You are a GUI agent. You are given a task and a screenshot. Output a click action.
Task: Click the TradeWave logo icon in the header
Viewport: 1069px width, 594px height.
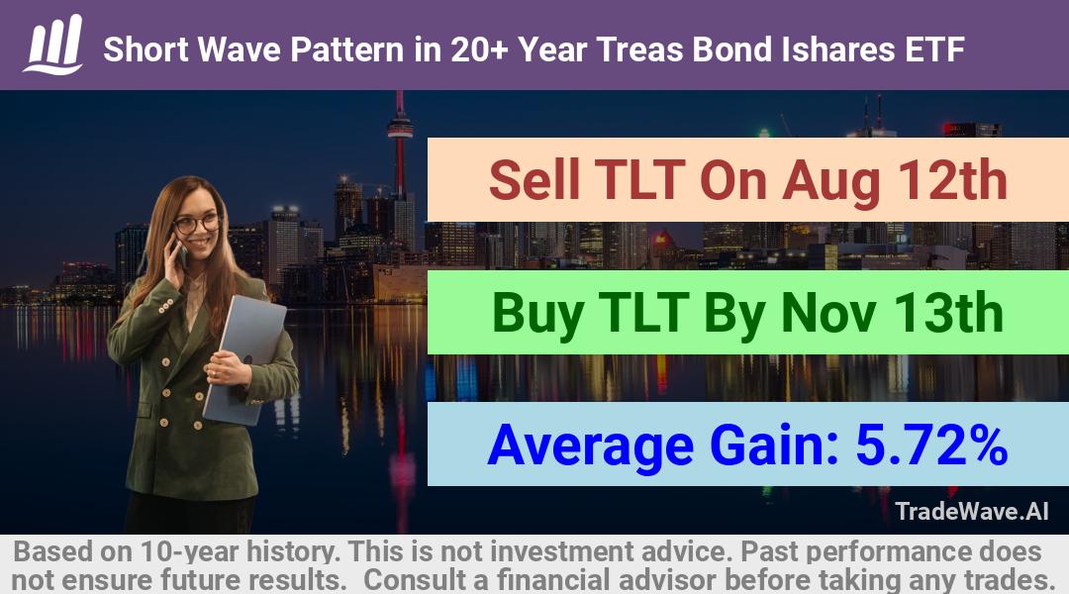(53, 45)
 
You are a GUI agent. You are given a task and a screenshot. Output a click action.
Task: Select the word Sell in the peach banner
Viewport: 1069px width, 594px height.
(534, 180)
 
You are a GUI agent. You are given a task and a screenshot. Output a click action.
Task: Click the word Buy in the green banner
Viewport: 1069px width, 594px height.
(537, 313)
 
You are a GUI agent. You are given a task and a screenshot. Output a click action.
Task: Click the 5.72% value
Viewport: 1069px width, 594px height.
(931, 445)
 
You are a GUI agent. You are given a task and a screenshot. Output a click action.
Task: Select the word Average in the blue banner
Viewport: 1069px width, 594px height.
(590, 445)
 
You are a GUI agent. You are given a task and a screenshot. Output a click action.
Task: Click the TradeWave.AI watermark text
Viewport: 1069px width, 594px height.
(972, 511)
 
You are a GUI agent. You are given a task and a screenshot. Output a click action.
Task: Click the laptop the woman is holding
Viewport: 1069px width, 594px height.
(243, 359)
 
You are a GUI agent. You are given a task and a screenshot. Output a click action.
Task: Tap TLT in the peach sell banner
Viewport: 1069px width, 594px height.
(639, 180)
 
